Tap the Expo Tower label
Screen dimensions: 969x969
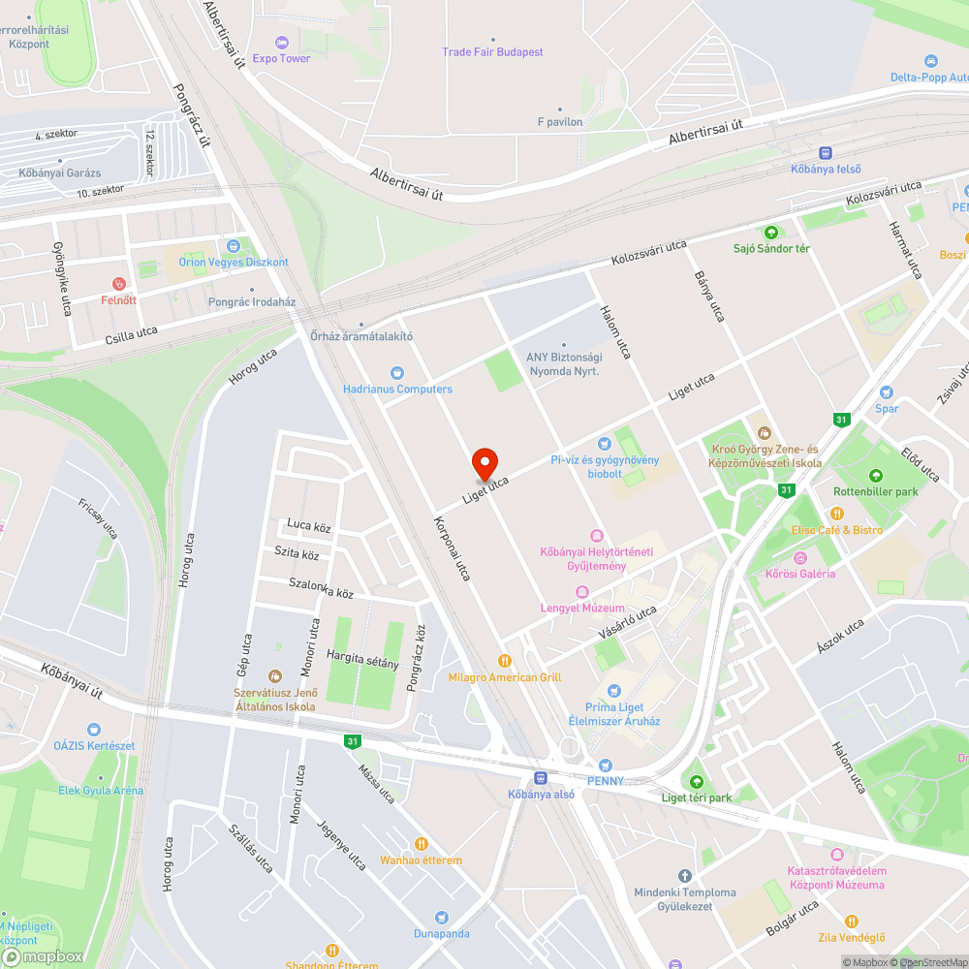click(x=281, y=58)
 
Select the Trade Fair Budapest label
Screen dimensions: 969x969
click(x=492, y=52)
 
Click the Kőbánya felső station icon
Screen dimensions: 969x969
click(x=826, y=152)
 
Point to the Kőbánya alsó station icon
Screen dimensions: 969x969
click(x=542, y=777)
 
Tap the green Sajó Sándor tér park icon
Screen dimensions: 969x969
click(x=771, y=233)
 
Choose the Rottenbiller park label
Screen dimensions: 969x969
click(x=876, y=491)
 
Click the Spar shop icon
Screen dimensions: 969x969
click(x=885, y=391)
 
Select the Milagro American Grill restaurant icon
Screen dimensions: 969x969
click(x=504, y=661)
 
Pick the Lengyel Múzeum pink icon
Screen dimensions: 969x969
click(x=582, y=592)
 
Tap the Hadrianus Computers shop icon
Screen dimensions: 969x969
click(x=397, y=373)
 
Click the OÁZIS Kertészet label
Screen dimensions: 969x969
click(x=94, y=745)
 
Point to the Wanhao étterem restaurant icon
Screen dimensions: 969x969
click(x=421, y=843)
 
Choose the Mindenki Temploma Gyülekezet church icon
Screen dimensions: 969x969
click(x=685, y=875)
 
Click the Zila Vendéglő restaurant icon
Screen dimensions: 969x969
click(x=851, y=921)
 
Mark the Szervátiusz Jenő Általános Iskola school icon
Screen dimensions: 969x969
click(x=274, y=676)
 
